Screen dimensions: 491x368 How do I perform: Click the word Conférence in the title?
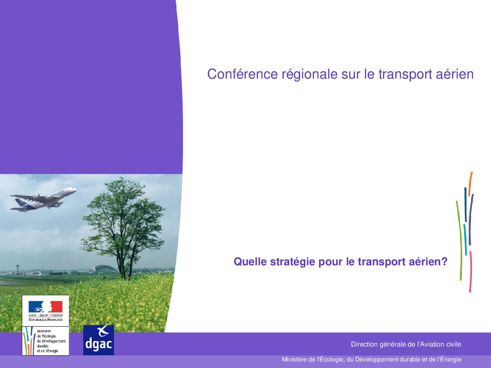click(242, 74)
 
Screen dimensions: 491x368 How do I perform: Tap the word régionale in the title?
click(309, 75)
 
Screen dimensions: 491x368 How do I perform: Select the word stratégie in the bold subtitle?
click(292, 262)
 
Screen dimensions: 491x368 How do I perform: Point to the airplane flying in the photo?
click(43, 199)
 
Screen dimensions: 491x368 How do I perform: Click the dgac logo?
click(99, 340)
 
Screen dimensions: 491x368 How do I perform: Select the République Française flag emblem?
click(45, 306)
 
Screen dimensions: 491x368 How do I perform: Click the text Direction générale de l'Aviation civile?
click(406, 344)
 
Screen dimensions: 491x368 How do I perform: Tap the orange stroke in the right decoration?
click(470, 184)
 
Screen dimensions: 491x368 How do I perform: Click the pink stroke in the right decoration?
click(470, 271)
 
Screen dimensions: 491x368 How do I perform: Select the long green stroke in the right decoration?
click(460, 241)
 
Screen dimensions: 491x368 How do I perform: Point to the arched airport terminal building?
click(105, 269)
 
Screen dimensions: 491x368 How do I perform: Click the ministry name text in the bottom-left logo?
click(51, 341)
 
